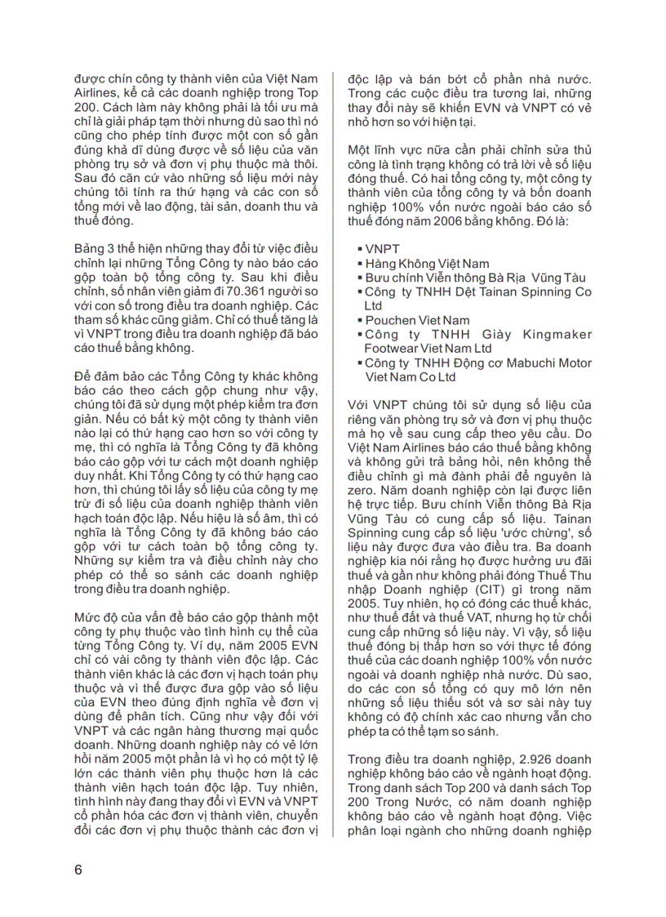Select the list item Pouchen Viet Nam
coord(417,320)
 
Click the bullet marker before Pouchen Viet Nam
coord(360,321)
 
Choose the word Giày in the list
coord(508,335)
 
